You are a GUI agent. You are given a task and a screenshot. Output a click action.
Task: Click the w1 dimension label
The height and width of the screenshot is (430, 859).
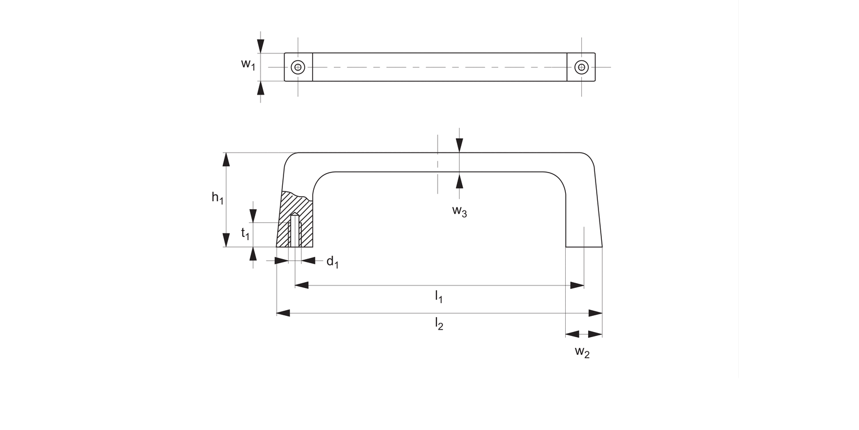pos(248,64)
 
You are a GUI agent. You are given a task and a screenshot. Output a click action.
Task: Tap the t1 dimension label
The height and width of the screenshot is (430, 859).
pos(245,233)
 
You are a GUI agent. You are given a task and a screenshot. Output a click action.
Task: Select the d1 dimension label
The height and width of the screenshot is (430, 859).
pos(332,262)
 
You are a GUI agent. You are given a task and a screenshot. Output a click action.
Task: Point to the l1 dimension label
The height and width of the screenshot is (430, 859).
pos(439,296)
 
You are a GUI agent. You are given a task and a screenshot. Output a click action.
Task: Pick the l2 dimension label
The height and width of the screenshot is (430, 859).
pos(439,324)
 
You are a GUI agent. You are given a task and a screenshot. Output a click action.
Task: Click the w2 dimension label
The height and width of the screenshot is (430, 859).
pos(582,352)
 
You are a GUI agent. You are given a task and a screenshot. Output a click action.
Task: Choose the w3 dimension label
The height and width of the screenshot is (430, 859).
pos(459,211)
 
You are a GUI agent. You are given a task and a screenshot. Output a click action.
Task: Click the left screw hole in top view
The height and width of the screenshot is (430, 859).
pos(298,67)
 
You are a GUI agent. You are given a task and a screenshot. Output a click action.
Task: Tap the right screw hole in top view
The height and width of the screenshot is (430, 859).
pos(581,67)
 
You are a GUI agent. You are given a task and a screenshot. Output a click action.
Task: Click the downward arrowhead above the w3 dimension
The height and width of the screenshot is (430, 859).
pos(459,146)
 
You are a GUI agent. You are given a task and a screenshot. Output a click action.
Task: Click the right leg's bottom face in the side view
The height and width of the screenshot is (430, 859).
pos(584,247)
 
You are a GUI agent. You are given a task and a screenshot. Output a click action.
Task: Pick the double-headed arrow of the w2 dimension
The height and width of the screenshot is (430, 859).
pos(584,334)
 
